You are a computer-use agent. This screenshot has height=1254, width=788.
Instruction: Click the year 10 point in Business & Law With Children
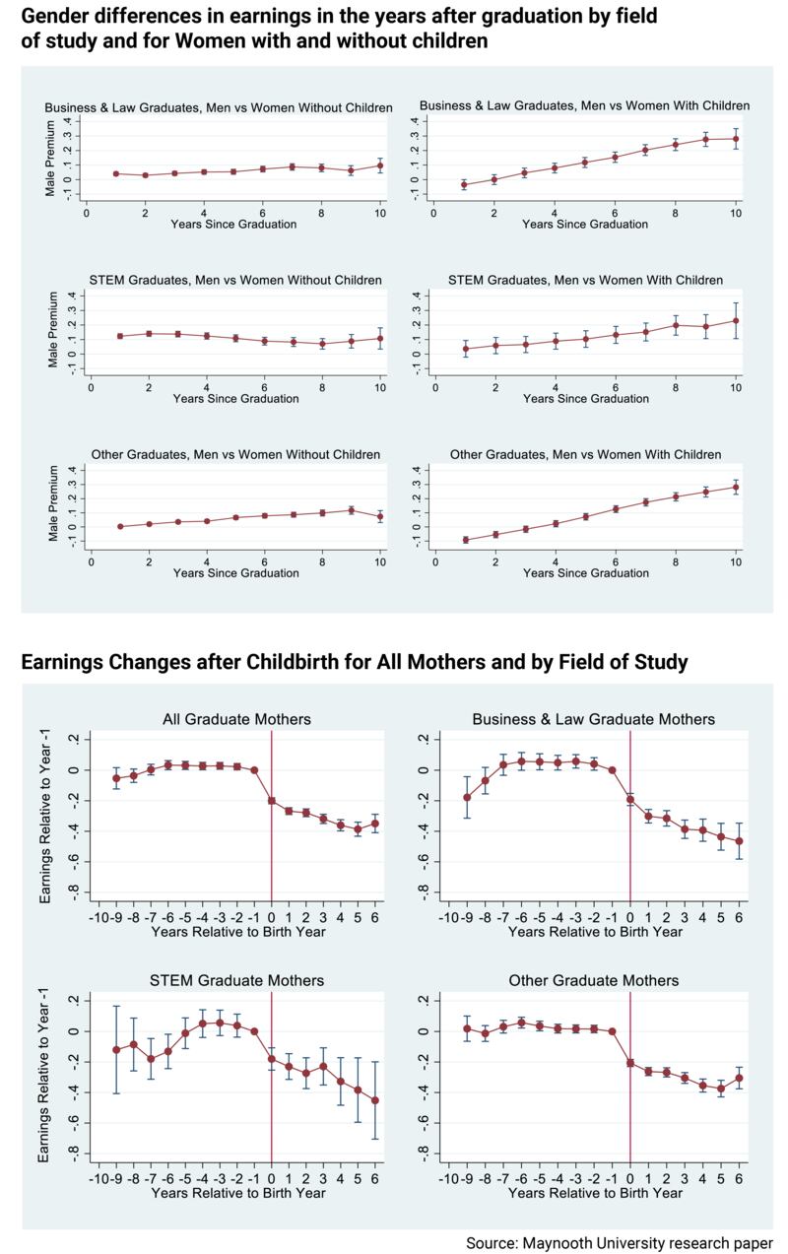[735, 139]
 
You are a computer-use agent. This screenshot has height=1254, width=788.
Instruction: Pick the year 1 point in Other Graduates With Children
[465, 540]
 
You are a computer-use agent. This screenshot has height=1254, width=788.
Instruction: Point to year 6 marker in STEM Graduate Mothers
[375, 1100]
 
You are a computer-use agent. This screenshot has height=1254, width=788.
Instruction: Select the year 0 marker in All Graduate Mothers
[272, 801]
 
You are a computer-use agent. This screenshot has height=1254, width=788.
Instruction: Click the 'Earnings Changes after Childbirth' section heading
[355, 661]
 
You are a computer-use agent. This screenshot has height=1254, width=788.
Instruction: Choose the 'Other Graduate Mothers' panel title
[594, 981]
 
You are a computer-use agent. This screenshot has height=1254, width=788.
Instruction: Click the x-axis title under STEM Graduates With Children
[585, 399]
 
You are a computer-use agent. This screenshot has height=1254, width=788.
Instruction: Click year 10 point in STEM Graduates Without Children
[380, 338]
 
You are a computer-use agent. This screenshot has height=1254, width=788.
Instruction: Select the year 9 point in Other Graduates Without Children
[351, 510]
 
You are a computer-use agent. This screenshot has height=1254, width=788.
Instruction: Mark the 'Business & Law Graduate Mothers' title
[594, 719]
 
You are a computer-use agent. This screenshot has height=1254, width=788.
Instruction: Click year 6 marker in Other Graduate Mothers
[739, 1078]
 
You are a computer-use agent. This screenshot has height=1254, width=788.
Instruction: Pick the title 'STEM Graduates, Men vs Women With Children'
[585, 281]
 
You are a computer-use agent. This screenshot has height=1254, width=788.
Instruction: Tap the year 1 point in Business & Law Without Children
[116, 173]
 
